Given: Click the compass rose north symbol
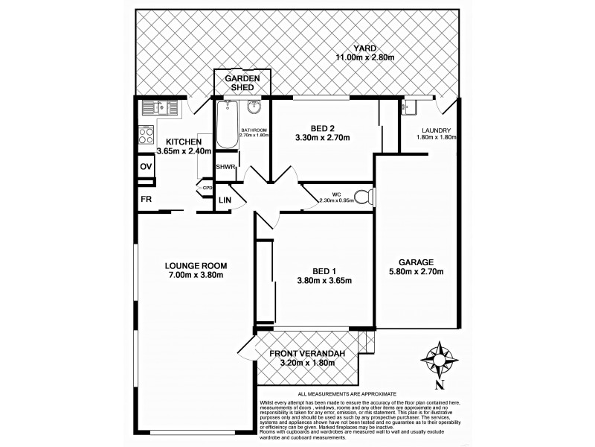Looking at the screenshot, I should point(439,361).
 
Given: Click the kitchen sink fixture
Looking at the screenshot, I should point(158,108).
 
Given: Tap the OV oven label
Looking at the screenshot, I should point(146,166).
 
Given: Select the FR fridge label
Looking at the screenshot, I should point(146,200).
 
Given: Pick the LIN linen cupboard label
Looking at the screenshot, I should point(224,200).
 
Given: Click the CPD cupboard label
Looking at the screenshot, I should point(208,188).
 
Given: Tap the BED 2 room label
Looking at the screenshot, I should point(322,126).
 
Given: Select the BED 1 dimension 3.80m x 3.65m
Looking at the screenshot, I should point(323,281).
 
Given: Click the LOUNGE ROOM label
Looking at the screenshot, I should point(196,265).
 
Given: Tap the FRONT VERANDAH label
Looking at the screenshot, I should point(306,352).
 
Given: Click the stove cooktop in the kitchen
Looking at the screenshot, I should point(146,136).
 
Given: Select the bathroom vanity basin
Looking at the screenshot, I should point(253,106).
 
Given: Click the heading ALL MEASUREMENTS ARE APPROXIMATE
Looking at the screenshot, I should point(347,393).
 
